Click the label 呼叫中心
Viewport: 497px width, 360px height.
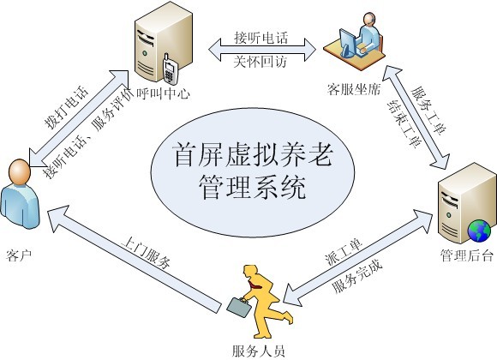click(163, 93)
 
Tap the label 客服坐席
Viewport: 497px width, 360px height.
click(354, 89)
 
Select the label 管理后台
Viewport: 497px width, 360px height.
click(466, 255)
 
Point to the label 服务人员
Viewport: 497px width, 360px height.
click(258, 351)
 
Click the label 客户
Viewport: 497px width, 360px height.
click(19, 255)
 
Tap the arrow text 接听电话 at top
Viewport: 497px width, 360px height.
click(261, 38)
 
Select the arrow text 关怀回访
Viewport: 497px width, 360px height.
click(260, 61)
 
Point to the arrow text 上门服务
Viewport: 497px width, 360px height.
click(147, 252)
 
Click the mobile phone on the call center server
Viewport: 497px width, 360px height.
click(171, 70)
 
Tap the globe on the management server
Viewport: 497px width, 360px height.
click(479, 231)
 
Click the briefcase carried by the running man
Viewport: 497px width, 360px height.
click(240, 307)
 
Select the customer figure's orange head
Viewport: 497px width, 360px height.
click(20, 171)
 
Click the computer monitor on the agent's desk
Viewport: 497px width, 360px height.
click(347, 43)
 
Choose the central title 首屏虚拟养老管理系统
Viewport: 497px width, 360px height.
click(253, 171)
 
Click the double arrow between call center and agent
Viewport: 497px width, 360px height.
click(262, 50)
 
